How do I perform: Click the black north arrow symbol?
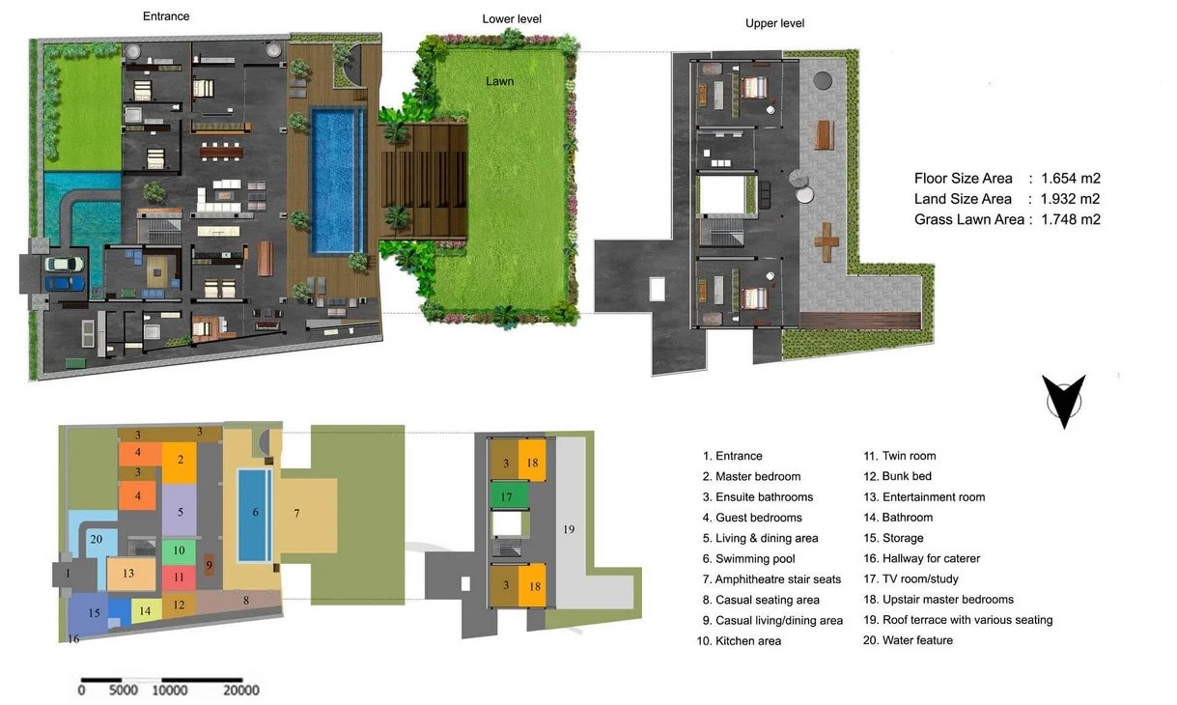click(x=1064, y=401)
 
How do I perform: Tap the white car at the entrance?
click(x=64, y=264)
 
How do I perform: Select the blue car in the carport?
click(x=65, y=283)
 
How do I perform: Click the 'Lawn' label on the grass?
click(x=499, y=81)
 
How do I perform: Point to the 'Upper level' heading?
click(x=774, y=23)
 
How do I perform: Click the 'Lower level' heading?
click(x=512, y=19)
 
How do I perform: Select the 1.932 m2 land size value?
click(x=1071, y=199)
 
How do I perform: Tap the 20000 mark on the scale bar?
click(x=241, y=690)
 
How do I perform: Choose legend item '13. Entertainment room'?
click(x=924, y=496)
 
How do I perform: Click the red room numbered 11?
click(x=179, y=578)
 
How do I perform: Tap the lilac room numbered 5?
click(x=180, y=511)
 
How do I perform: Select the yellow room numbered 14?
click(x=146, y=611)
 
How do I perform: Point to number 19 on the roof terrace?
click(x=569, y=529)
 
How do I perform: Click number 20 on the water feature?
click(x=97, y=539)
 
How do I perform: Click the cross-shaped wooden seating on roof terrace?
click(x=826, y=241)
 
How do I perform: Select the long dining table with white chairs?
click(x=221, y=152)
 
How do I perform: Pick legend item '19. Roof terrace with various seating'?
click(x=958, y=620)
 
